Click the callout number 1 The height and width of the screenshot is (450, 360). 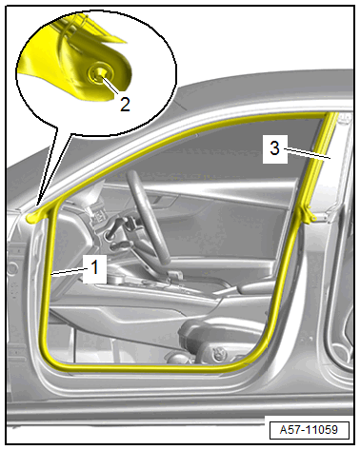click(94, 267)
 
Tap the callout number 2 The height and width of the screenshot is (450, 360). click(125, 104)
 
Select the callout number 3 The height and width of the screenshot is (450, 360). click(274, 148)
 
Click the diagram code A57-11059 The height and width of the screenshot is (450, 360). click(309, 430)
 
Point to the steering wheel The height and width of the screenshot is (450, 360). click(149, 217)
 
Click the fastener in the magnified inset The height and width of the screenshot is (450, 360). click(97, 74)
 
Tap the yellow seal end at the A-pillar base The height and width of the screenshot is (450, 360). click(31, 218)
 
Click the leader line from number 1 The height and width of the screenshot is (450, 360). click(70, 270)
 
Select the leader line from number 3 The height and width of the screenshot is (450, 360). click(308, 153)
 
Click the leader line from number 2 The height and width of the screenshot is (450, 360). click(110, 85)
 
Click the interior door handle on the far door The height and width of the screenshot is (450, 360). click(162, 200)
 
